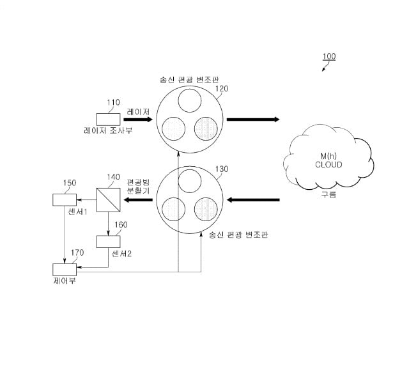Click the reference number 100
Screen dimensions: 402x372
coord(329,56)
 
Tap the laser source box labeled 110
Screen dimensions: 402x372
coord(108,120)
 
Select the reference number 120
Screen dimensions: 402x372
coord(222,89)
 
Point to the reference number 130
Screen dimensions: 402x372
coord(222,169)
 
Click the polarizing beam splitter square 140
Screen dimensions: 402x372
coord(108,200)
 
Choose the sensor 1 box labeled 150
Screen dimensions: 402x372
coord(65,199)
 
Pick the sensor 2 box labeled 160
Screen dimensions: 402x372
coord(108,242)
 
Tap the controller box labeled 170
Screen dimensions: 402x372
coord(65,270)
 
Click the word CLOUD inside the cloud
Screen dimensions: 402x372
coord(329,165)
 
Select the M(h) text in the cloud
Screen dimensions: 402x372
coord(329,156)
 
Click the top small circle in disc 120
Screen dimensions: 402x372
coord(190,100)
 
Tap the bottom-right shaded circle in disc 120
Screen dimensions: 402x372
coord(206,128)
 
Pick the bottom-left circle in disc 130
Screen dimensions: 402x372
coord(174,209)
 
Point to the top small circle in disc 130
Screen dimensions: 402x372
coord(190,181)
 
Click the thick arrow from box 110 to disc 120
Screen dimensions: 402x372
coord(138,120)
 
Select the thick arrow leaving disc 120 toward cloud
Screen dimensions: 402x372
coord(253,120)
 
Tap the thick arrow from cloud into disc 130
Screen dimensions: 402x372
coord(253,199)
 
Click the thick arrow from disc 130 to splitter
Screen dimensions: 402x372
coord(138,199)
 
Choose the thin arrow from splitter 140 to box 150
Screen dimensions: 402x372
coord(86,199)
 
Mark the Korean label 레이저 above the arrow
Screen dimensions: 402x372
coord(138,112)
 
